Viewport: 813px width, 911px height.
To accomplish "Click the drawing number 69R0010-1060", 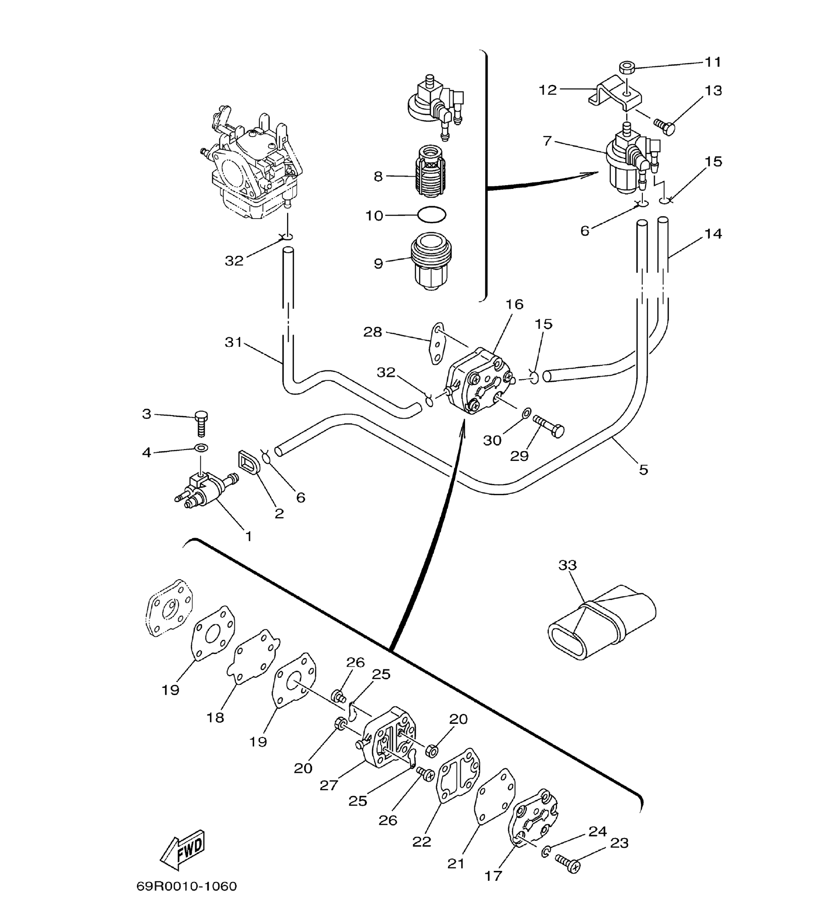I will coord(186,886).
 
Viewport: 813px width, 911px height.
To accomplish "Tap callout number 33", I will coord(567,565).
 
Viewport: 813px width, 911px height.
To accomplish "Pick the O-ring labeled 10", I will coord(431,215).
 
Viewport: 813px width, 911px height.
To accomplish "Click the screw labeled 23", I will coord(567,863).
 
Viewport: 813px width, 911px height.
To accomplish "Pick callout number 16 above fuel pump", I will coord(514,304).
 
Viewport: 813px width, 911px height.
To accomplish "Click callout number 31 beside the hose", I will coord(233,342).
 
